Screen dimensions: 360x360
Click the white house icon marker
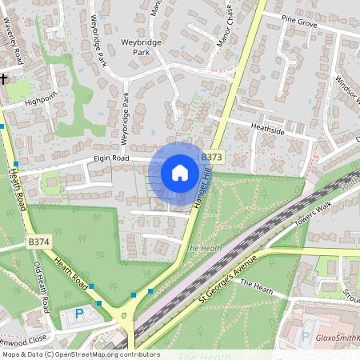click(x=180, y=173)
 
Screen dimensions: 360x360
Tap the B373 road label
click(x=211, y=158)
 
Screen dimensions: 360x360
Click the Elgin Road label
click(x=111, y=158)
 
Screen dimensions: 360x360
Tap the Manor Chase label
click(x=230, y=35)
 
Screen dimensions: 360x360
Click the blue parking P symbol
click(x=78, y=313)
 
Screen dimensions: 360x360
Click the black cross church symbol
click(x=4, y=78)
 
